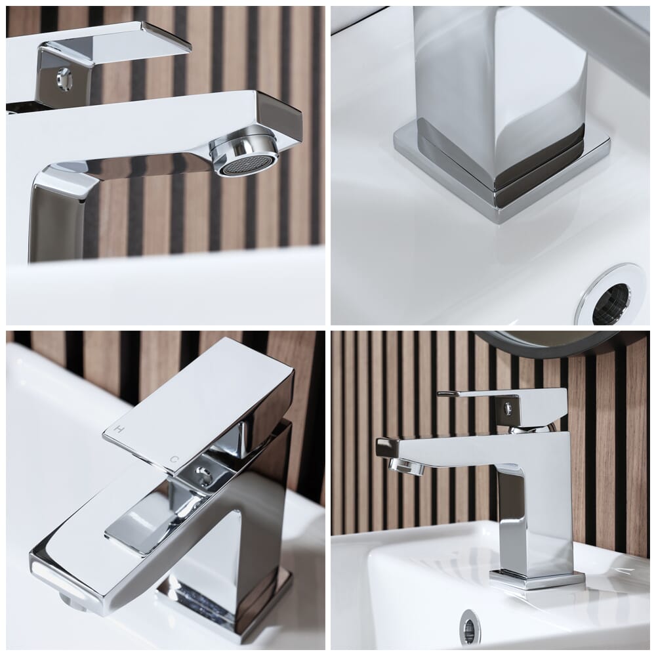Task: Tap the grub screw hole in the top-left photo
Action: [x=64, y=78]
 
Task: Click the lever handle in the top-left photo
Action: [x=113, y=44]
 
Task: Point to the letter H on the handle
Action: [x=119, y=429]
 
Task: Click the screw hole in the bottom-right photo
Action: [x=508, y=407]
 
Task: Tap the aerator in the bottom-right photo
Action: [x=403, y=465]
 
